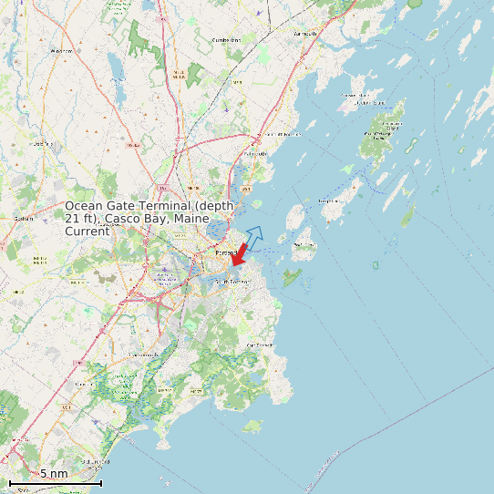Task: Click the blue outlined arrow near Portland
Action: [x=254, y=235]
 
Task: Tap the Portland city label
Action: [x=225, y=252]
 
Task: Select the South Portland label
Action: [x=232, y=283]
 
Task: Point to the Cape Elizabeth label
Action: [x=260, y=345]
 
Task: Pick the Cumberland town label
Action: [x=226, y=40]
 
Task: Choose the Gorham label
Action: [x=24, y=219]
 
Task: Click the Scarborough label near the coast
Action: [x=93, y=462]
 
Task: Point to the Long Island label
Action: [x=329, y=201]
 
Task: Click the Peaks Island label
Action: [x=304, y=245]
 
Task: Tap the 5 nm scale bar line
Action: [x=55, y=483]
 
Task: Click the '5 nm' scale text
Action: [x=54, y=473]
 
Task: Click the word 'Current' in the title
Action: [x=87, y=232]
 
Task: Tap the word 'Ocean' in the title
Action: [x=84, y=207]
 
